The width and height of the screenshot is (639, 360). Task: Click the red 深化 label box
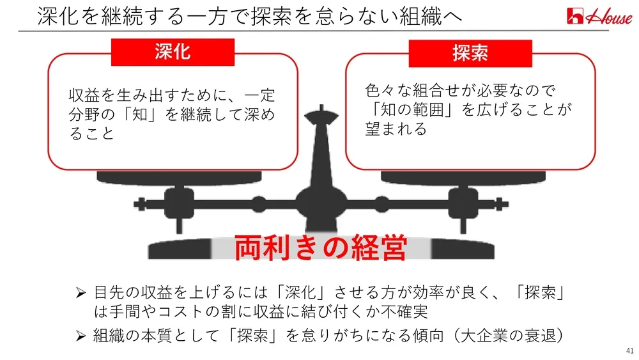pyautogui.click(x=173, y=52)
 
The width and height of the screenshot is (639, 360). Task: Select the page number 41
pyautogui.click(x=629, y=351)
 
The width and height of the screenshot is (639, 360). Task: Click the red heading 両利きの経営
pyautogui.click(x=320, y=248)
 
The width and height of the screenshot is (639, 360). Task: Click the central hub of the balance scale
pyautogui.click(x=320, y=205)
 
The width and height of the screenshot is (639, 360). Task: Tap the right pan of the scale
pyautogui.click(x=463, y=176)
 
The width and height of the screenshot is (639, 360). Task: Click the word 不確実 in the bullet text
pyautogui.click(x=407, y=313)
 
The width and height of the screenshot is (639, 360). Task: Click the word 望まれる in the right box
pyautogui.click(x=396, y=130)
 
